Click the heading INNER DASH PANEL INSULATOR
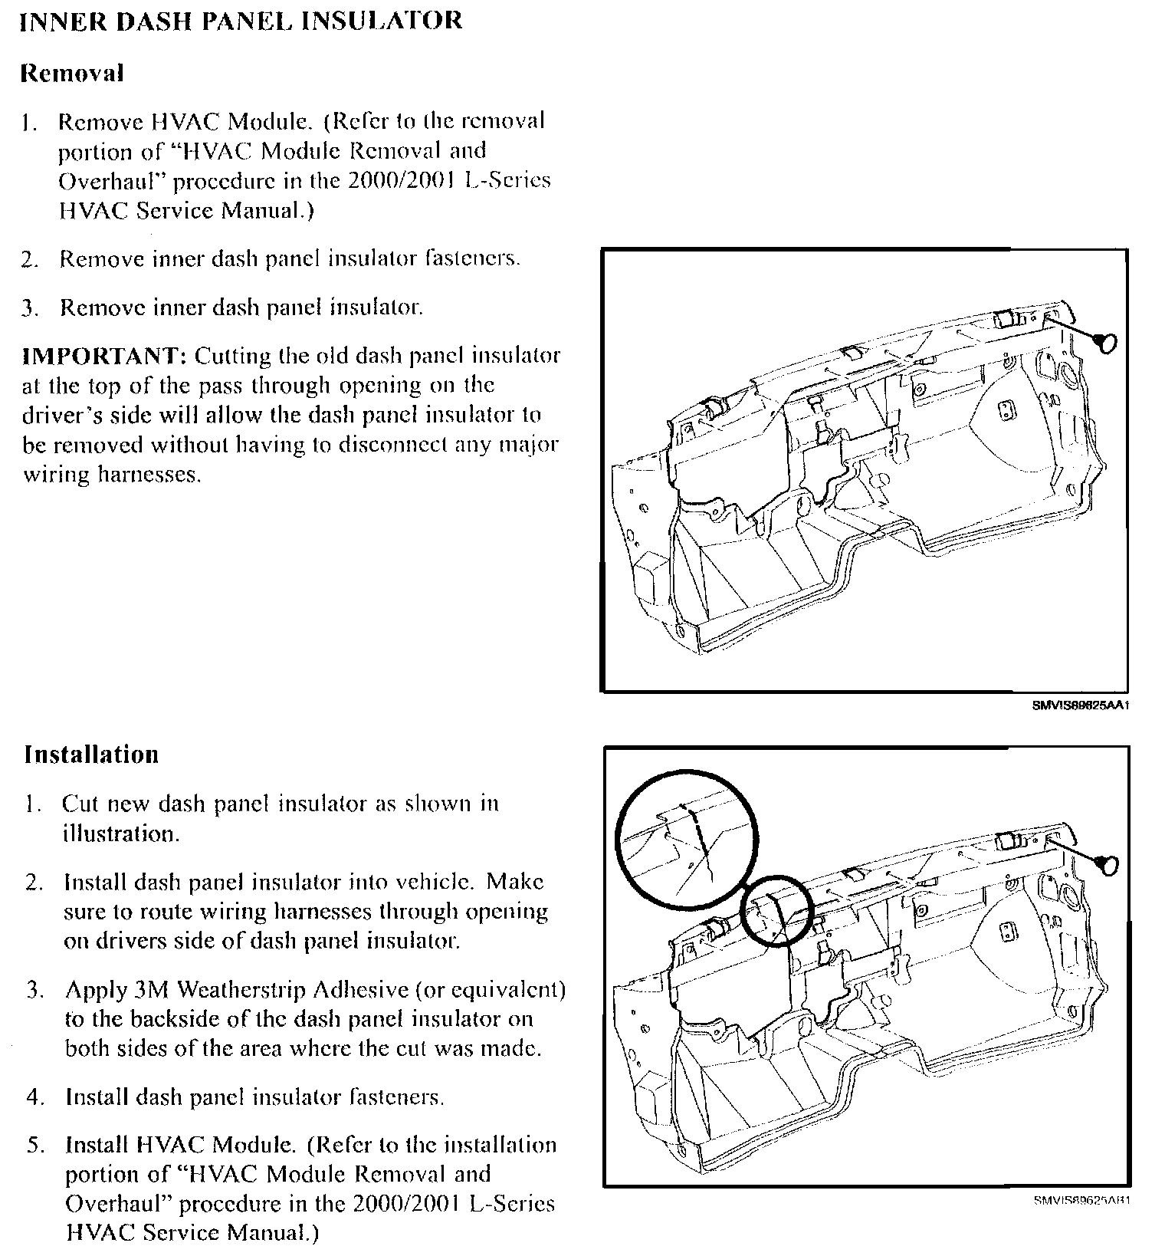point(240,21)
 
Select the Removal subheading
point(71,74)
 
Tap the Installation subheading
point(91,755)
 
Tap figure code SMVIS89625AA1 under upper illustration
point(1081,705)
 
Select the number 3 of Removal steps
point(29,309)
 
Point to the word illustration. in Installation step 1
point(121,834)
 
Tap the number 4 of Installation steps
point(33,1098)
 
